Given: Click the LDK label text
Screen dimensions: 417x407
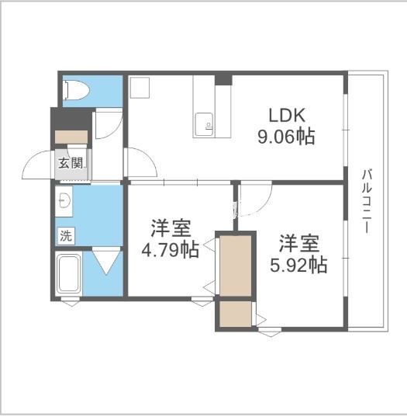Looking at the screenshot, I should click(285, 116).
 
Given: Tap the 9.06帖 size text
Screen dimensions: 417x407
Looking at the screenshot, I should click(285, 137).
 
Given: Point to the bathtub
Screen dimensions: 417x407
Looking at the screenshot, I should click(70, 275).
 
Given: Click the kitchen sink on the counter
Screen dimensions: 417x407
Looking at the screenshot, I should click(205, 123).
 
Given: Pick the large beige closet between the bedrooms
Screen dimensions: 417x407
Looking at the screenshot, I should click(236, 264).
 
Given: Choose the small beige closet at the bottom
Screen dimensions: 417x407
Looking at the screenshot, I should click(235, 314).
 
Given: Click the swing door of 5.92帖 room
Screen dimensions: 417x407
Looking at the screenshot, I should click(255, 199).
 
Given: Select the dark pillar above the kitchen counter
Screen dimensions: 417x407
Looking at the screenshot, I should click(222, 78).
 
